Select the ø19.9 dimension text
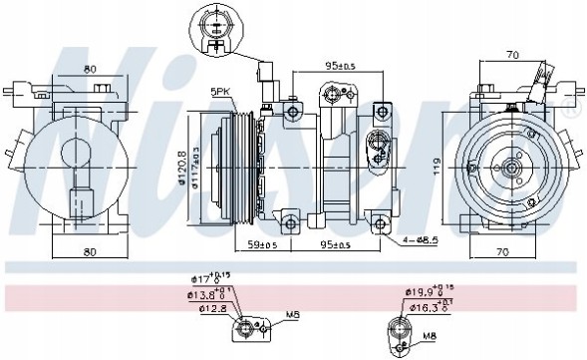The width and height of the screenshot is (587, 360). [x=420, y=292]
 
